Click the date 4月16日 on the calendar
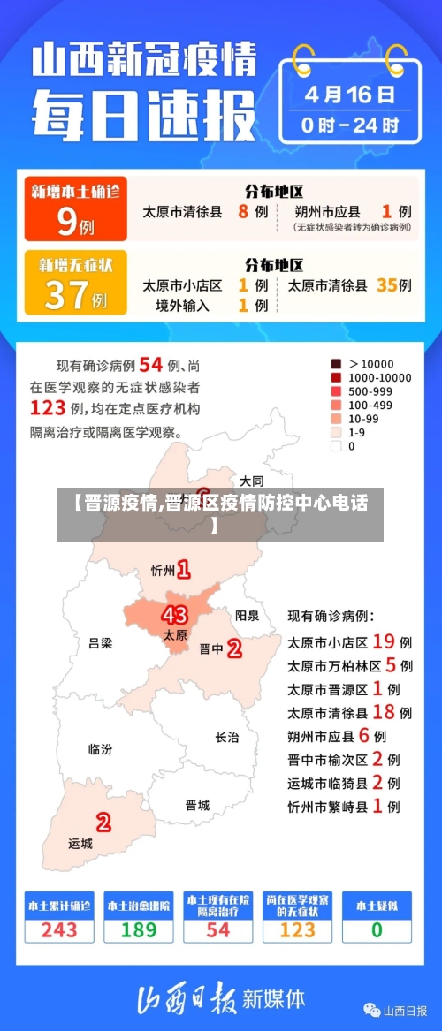pos(350,93)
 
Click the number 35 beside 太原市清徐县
pos(385,285)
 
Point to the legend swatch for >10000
pos(336,363)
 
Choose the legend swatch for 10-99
pos(336,419)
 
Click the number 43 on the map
pos(175,614)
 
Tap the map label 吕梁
pos(101,642)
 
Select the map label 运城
pos(80,843)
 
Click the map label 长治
pos(227,737)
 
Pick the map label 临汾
pos(100,748)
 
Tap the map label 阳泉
pos(248,615)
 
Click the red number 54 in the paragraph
pos(151,364)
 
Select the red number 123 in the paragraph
pos(48,407)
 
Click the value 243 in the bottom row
pos(59,929)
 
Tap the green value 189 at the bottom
pos(139,929)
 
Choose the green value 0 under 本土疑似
pos(377,929)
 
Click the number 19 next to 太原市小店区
pos(383,641)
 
